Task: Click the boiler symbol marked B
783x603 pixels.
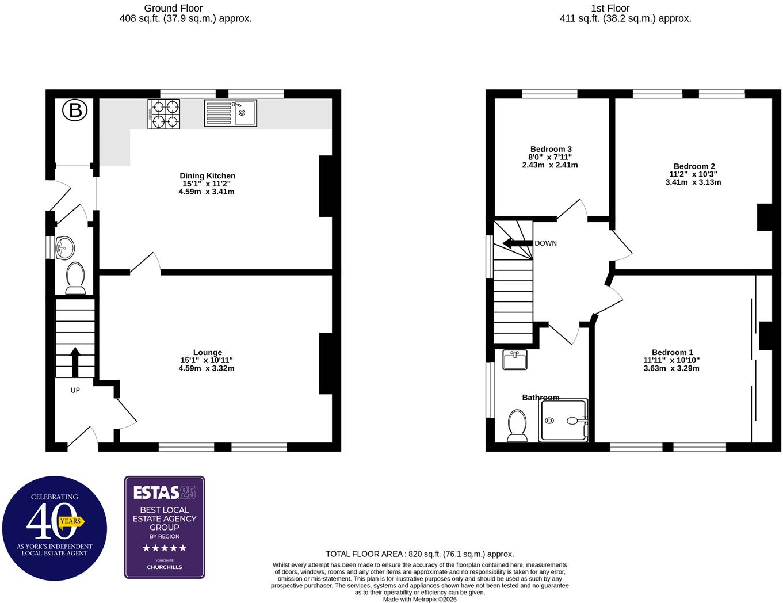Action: pyautogui.click(x=75, y=110)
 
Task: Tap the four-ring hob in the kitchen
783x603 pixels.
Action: pyautogui.click(x=163, y=114)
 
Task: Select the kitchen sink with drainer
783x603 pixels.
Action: pyautogui.click(x=230, y=113)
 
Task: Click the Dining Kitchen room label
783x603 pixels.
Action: pyautogui.click(x=207, y=176)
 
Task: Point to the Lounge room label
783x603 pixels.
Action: pyautogui.click(x=207, y=352)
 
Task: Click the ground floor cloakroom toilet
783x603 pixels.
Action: pyautogui.click(x=75, y=278)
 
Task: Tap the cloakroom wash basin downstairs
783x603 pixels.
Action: pyautogui.click(x=65, y=247)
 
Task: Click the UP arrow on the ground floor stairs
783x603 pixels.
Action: pyautogui.click(x=75, y=362)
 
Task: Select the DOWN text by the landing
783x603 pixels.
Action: pyautogui.click(x=545, y=243)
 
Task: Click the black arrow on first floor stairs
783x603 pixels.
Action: pyautogui.click(x=517, y=243)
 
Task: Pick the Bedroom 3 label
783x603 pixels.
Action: pyautogui.click(x=551, y=149)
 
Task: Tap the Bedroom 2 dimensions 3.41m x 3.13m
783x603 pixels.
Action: pyautogui.click(x=693, y=182)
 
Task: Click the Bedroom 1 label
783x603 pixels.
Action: pyautogui.click(x=672, y=352)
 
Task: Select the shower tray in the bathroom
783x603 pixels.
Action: pyautogui.click(x=563, y=420)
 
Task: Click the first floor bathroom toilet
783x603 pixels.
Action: pyautogui.click(x=517, y=425)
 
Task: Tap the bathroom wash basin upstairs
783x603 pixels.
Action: pyautogui.click(x=514, y=360)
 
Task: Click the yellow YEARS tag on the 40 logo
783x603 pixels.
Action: pyautogui.click(x=71, y=522)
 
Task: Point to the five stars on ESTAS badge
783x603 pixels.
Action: pyautogui.click(x=165, y=548)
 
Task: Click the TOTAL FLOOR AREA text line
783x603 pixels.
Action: pyautogui.click(x=419, y=554)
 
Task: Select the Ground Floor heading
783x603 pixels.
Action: pyautogui.click(x=173, y=8)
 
